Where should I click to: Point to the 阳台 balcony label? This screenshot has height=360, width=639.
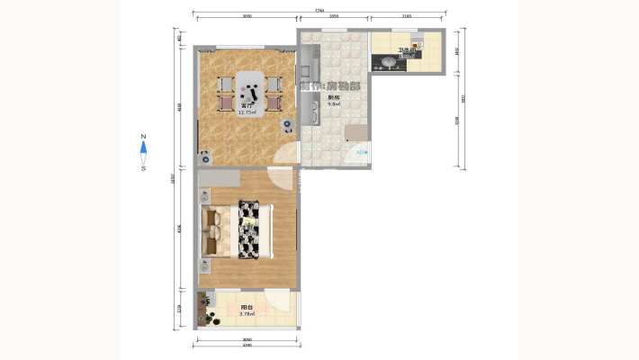[247, 309]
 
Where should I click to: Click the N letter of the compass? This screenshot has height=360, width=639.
[143, 139]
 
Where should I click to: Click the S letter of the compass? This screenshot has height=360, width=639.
[143, 167]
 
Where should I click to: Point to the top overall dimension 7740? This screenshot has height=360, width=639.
[319, 10]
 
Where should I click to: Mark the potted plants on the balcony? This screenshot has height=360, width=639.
[212, 317]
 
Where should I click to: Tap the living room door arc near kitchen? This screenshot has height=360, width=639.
[286, 154]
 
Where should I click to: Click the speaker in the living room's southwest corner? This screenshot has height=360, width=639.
[205, 154]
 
